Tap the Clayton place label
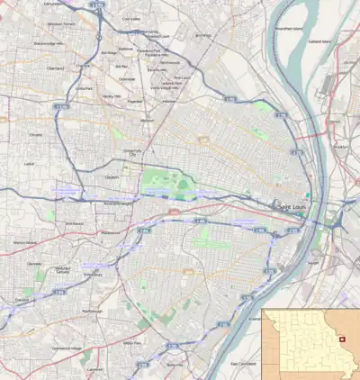[113, 178]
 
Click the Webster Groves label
[62, 269]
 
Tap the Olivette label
[36, 134]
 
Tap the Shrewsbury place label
[93, 276]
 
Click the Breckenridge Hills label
[44, 42]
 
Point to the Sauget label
[313, 262]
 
